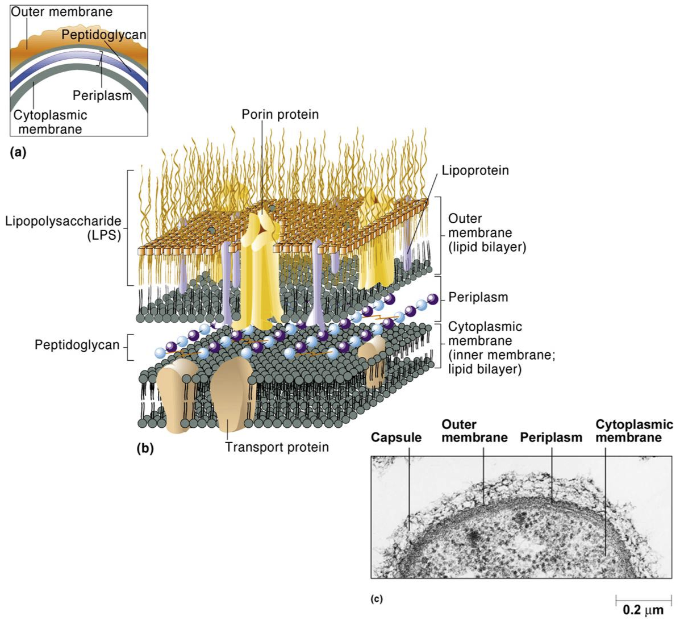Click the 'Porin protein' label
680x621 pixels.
pos(280,114)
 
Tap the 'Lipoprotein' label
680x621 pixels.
pos(475,170)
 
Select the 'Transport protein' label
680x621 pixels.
pos(277,447)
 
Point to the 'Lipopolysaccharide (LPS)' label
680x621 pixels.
pos(63,228)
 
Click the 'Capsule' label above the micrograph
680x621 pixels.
pos(396,437)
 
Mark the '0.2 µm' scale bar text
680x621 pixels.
pos(643,610)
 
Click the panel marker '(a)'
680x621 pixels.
pos(18,152)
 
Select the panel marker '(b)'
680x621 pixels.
pos(145,448)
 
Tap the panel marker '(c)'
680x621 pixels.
pos(377,599)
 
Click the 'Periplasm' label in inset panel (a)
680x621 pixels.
pos(102,95)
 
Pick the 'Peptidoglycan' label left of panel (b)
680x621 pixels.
pos(77,345)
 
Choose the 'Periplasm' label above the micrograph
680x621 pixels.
pos(551,437)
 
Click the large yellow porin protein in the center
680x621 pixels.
pos(261,267)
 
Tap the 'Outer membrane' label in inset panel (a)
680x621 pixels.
pos(61,12)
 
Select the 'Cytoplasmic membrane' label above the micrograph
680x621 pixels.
pos(634,431)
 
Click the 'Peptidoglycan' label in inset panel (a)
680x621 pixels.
pos(104,35)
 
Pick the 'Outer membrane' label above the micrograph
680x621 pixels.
pos(474,431)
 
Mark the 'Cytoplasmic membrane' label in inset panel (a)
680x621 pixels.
pos(50,122)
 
